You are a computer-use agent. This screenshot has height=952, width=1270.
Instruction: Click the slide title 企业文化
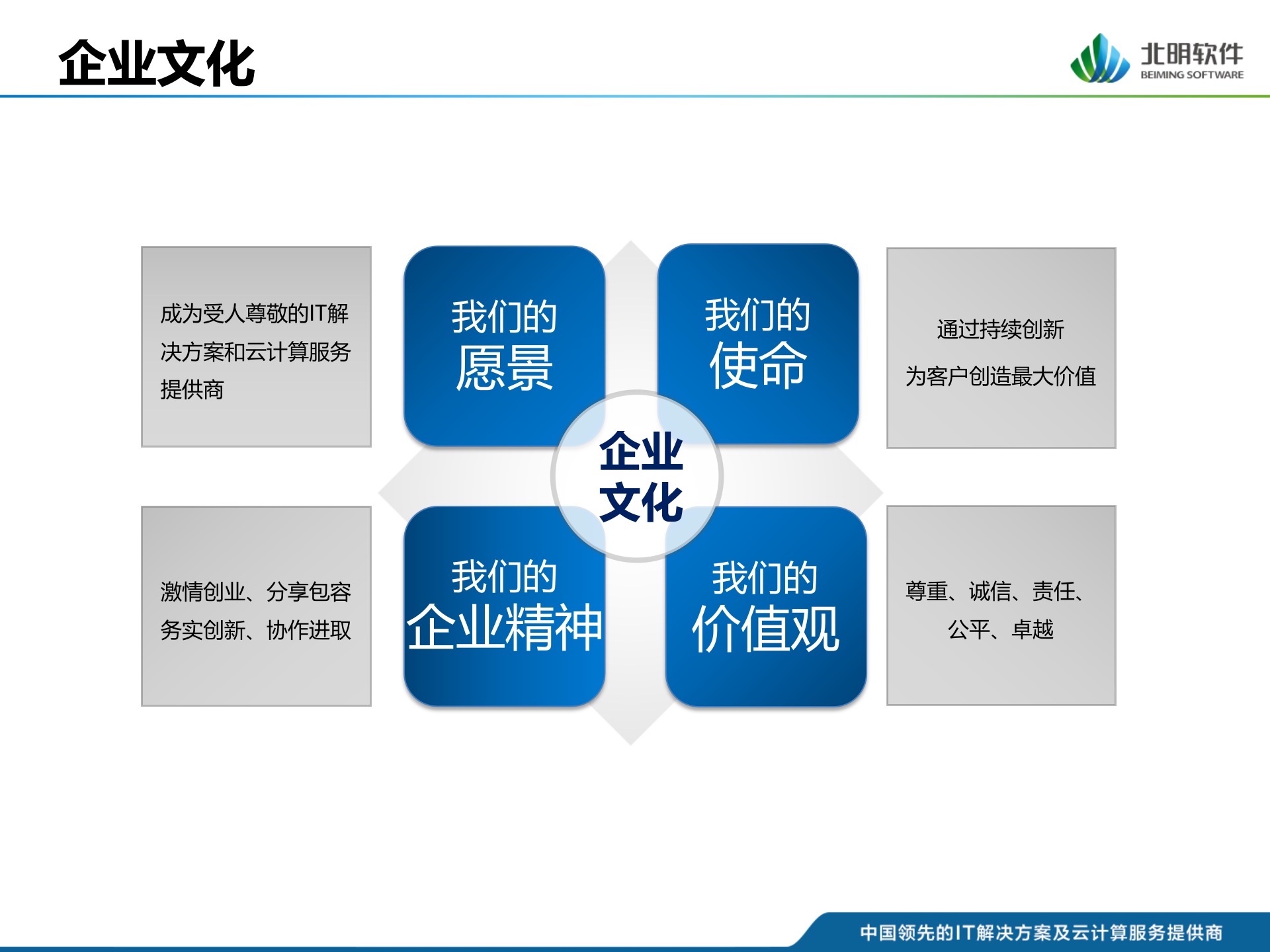(x=157, y=63)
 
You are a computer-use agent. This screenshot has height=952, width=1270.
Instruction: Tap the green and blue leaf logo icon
(x=1100, y=59)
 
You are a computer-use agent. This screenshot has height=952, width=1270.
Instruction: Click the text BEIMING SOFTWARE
(x=1192, y=75)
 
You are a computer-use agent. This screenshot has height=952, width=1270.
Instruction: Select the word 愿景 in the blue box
(x=504, y=368)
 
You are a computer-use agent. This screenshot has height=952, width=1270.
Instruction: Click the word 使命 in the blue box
(x=758, y=365)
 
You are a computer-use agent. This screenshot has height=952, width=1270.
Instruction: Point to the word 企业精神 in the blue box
(x=504, y=627)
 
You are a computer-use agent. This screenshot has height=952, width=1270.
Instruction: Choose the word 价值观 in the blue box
(x=765, y=628)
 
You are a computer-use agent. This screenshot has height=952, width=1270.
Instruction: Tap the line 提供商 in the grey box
(x=192, y=389)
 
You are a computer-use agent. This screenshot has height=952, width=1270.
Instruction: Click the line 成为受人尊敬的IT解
(x=255, y=313)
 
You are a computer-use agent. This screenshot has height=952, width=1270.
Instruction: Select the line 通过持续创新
(x=1000, y=329)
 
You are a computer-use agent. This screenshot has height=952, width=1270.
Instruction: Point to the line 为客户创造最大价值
(x=1001, y=376)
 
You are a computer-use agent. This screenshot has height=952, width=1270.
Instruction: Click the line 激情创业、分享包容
(x=255, y=592)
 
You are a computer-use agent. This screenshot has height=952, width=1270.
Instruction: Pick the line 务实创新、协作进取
(x=255, y=630)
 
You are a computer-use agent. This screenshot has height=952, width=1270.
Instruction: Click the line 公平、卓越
(x=1000, y=629)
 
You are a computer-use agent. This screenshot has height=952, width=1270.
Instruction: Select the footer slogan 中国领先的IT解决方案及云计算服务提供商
(x=1041, y=932)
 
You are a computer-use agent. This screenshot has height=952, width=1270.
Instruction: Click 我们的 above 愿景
(x=504, y=317)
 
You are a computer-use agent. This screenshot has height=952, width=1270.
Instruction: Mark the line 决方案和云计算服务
(x=255, y=352)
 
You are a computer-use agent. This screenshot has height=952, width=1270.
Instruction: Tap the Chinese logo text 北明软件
(x=1192, y=54)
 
